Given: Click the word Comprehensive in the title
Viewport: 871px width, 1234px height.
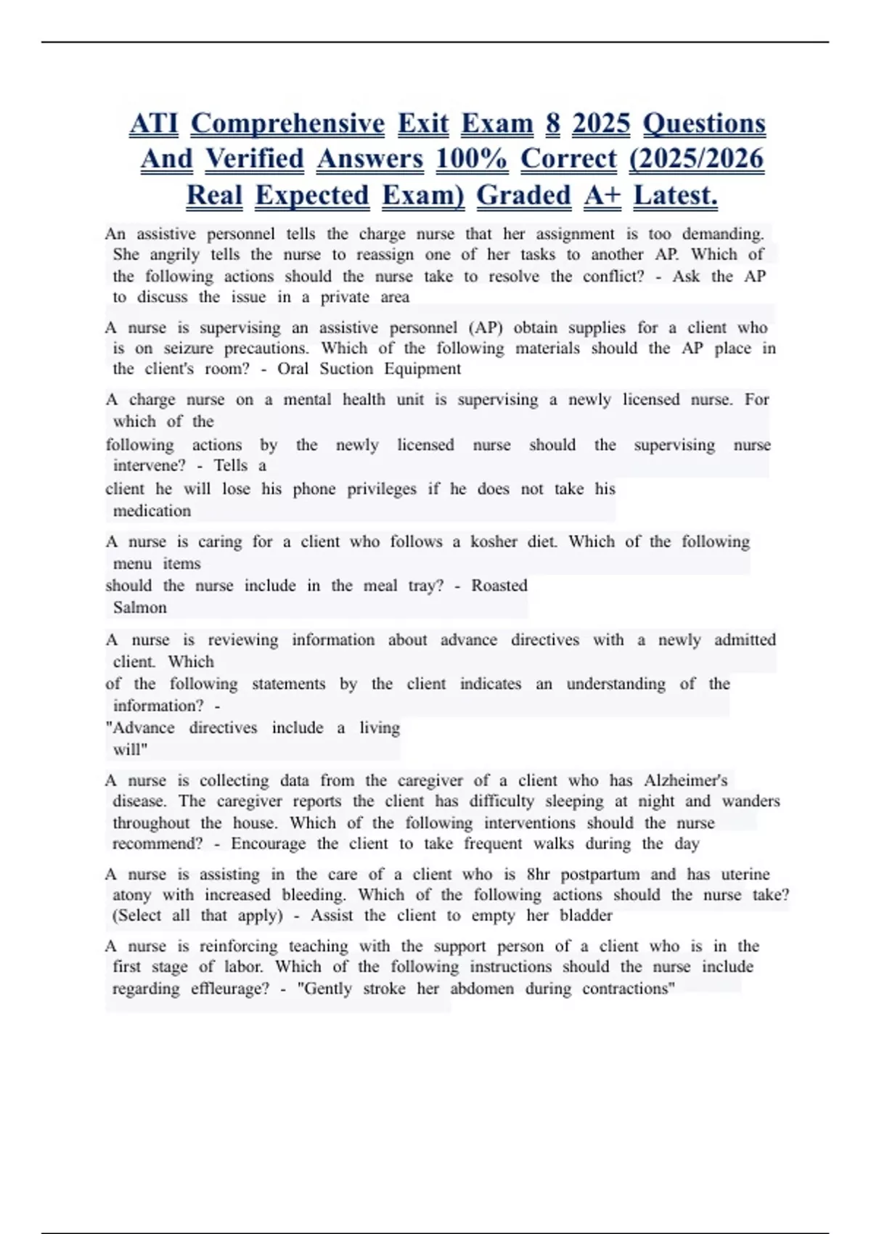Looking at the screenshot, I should point(287,123).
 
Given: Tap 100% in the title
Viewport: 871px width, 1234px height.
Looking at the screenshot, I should point(471,159).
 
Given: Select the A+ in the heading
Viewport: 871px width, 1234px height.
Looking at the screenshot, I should point(602,195).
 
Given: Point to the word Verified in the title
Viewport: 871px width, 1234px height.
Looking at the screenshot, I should point(254,159).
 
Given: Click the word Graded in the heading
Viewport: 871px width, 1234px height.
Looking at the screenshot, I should point(523,195).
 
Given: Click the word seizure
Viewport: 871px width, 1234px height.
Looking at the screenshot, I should point(188,348).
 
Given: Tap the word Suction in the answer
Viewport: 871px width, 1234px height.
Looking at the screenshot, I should point(346,369).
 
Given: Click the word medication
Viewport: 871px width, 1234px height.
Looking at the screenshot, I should point(152,511).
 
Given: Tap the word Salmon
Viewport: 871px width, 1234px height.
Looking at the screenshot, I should point(140,608).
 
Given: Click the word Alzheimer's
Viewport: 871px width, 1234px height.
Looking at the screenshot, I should point(685,780).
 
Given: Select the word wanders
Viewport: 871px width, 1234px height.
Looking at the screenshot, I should point(751,801).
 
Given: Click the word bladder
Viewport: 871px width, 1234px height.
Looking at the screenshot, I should point(586,915).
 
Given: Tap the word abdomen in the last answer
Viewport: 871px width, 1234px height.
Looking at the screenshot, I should point(481,989).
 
